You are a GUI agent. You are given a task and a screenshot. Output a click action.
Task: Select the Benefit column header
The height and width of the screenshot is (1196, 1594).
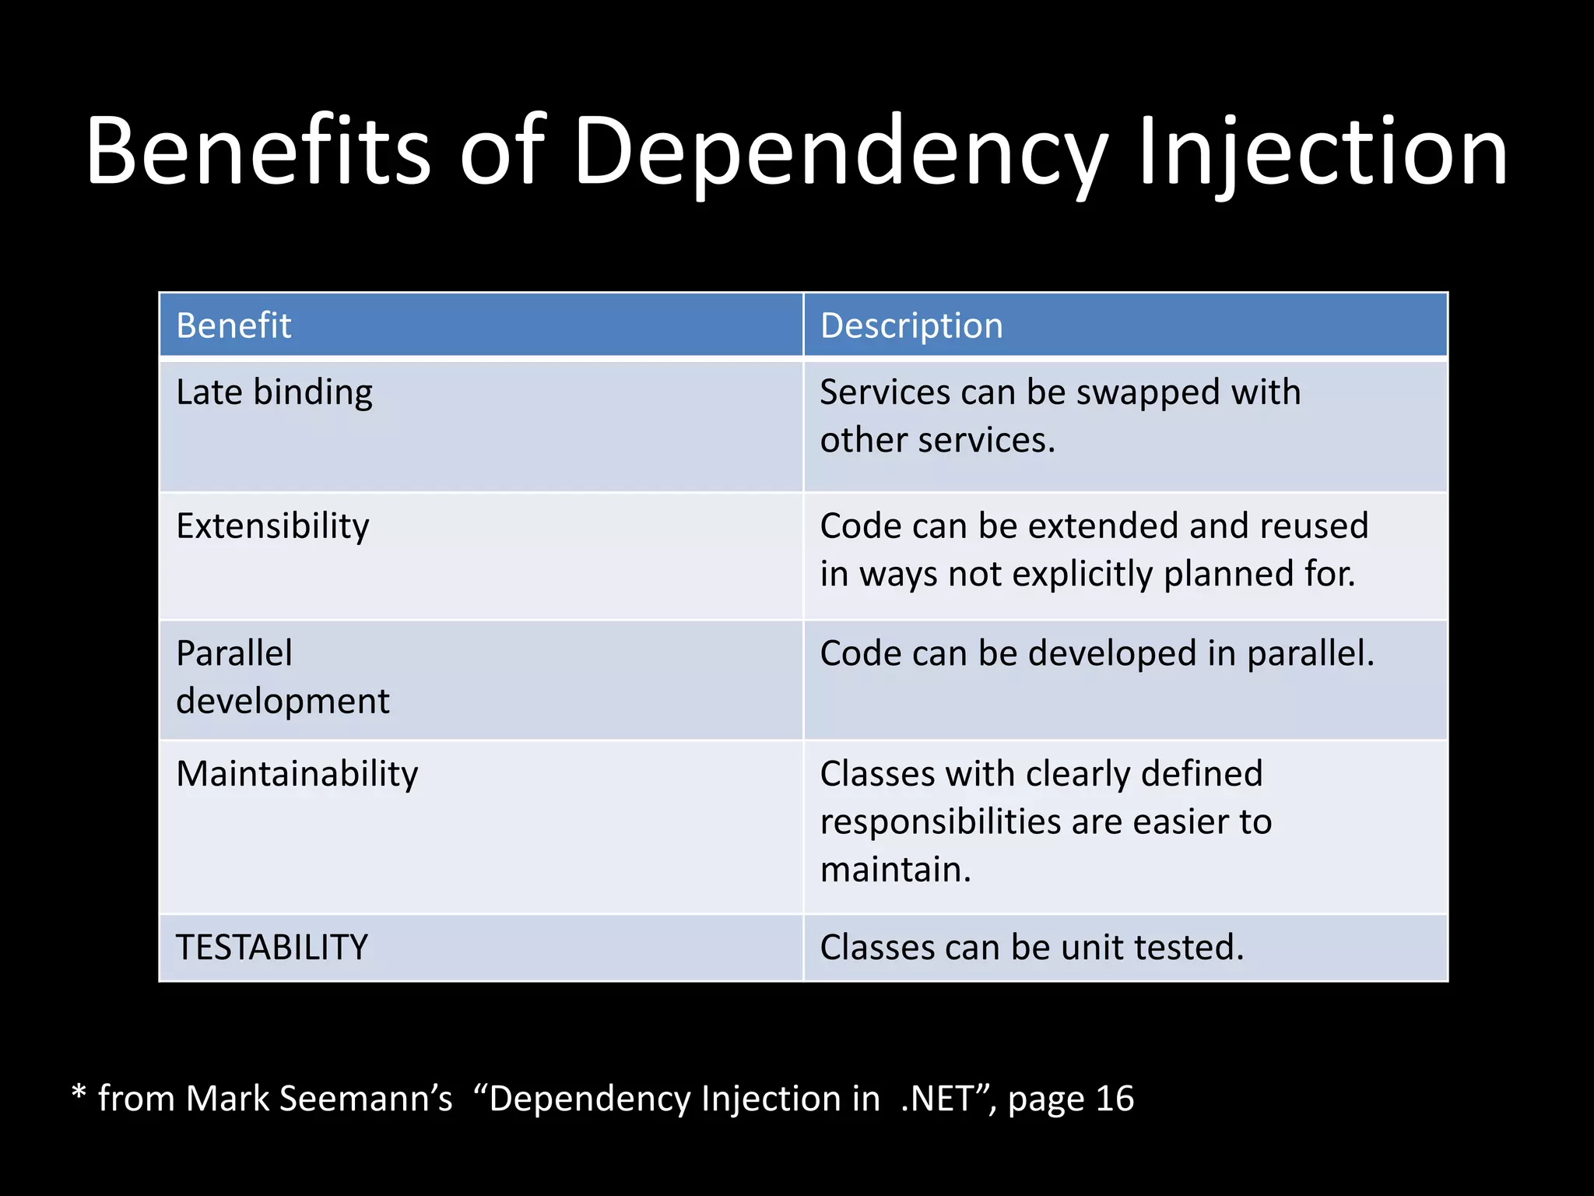(233, 325)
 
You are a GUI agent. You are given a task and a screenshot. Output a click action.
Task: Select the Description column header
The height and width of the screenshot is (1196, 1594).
(911, 325)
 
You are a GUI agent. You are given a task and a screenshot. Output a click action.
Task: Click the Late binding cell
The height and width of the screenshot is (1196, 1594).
(274, 392)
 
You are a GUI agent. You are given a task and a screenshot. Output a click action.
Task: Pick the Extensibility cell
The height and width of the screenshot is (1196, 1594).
(272, 526)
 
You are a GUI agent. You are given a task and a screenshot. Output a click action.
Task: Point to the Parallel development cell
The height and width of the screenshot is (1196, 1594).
(282, 677)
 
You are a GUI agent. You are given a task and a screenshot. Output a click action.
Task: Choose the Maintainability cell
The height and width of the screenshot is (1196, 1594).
(297, 774)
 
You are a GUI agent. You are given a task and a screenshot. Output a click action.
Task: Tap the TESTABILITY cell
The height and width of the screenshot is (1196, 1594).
(272, 948)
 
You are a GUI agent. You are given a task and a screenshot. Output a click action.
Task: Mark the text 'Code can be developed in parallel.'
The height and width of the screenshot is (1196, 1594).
(1097, 653)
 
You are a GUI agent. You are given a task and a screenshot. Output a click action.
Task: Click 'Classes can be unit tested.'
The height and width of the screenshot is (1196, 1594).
(1031, 948)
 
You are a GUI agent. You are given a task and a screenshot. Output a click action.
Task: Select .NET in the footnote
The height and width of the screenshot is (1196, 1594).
(936, 1099)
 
